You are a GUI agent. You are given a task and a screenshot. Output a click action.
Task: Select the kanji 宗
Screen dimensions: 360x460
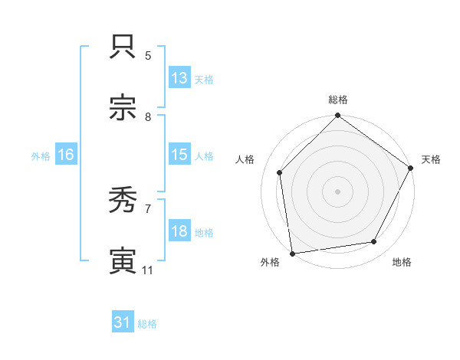pos(123,107)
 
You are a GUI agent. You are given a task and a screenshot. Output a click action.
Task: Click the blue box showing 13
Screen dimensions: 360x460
pos(179,78)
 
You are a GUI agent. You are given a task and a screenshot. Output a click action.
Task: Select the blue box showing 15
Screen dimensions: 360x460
pos(179,155)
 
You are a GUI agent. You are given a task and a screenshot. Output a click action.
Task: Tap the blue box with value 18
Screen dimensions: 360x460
pos(179,231)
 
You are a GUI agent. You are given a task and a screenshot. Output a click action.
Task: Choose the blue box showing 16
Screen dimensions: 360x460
pos(66,155)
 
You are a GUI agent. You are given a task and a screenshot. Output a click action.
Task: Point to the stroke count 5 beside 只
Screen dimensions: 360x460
pos(148,55)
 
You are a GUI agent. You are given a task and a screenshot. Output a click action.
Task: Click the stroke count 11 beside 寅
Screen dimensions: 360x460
pos(148,270)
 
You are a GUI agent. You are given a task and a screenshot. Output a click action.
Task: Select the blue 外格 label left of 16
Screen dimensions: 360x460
pos(41,155)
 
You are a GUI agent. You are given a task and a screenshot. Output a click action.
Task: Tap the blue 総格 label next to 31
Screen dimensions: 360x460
pos(147,324)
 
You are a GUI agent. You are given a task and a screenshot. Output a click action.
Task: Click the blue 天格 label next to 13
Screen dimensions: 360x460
pos(204,79)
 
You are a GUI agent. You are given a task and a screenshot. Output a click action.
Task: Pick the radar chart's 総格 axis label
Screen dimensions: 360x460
pos(338,100)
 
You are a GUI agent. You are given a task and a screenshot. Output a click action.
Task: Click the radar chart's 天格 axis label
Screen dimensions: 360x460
pos(431,159)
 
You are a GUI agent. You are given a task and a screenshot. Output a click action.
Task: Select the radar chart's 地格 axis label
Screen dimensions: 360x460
pos(402,262)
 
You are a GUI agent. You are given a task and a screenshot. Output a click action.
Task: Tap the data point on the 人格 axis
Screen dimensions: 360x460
pos(280,172)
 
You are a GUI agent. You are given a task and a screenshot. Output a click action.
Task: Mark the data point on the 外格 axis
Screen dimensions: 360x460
pos(292,253)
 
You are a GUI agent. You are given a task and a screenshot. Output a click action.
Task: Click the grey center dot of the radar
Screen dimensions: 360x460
pos(337,191)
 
